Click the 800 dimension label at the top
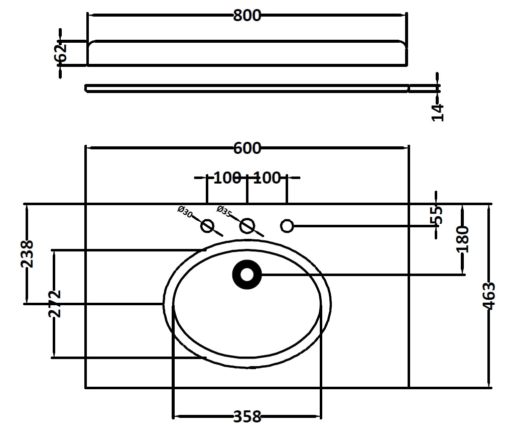tap(247, 16)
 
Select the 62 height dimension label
tap(61, 53)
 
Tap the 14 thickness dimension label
tap(438, 112)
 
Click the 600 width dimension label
tap(247, 148)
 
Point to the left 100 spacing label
tap(227, 178)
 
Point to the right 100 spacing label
tap(267, 178)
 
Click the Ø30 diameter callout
tap(185, 212)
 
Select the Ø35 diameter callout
tap(224, 212)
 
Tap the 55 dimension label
tap(437, 215)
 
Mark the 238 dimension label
tap(27, 253)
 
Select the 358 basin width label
tap(247, 417)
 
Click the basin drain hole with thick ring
tap(247, 275)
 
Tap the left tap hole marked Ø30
tap(207, 226)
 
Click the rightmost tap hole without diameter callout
tap(287, 226)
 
